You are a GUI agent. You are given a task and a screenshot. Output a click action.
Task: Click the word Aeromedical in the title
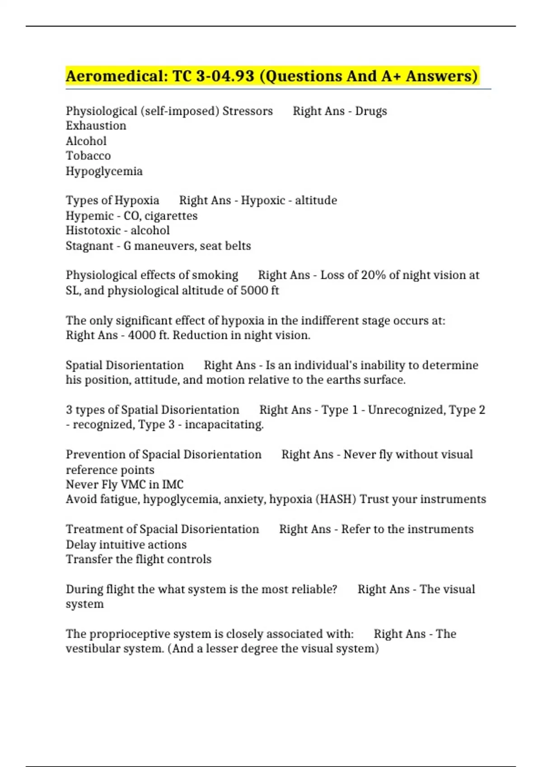click(116, 76)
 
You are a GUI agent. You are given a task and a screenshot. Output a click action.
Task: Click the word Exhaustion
click(96, 126)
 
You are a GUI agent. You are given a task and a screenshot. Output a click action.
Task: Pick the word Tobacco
click(88, 156)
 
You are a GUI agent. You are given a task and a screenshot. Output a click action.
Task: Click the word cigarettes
click(171, 216)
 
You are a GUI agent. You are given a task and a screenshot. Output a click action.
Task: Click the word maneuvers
click(165, 246)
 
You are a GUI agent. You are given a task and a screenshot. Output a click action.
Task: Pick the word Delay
click(81, 545)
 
